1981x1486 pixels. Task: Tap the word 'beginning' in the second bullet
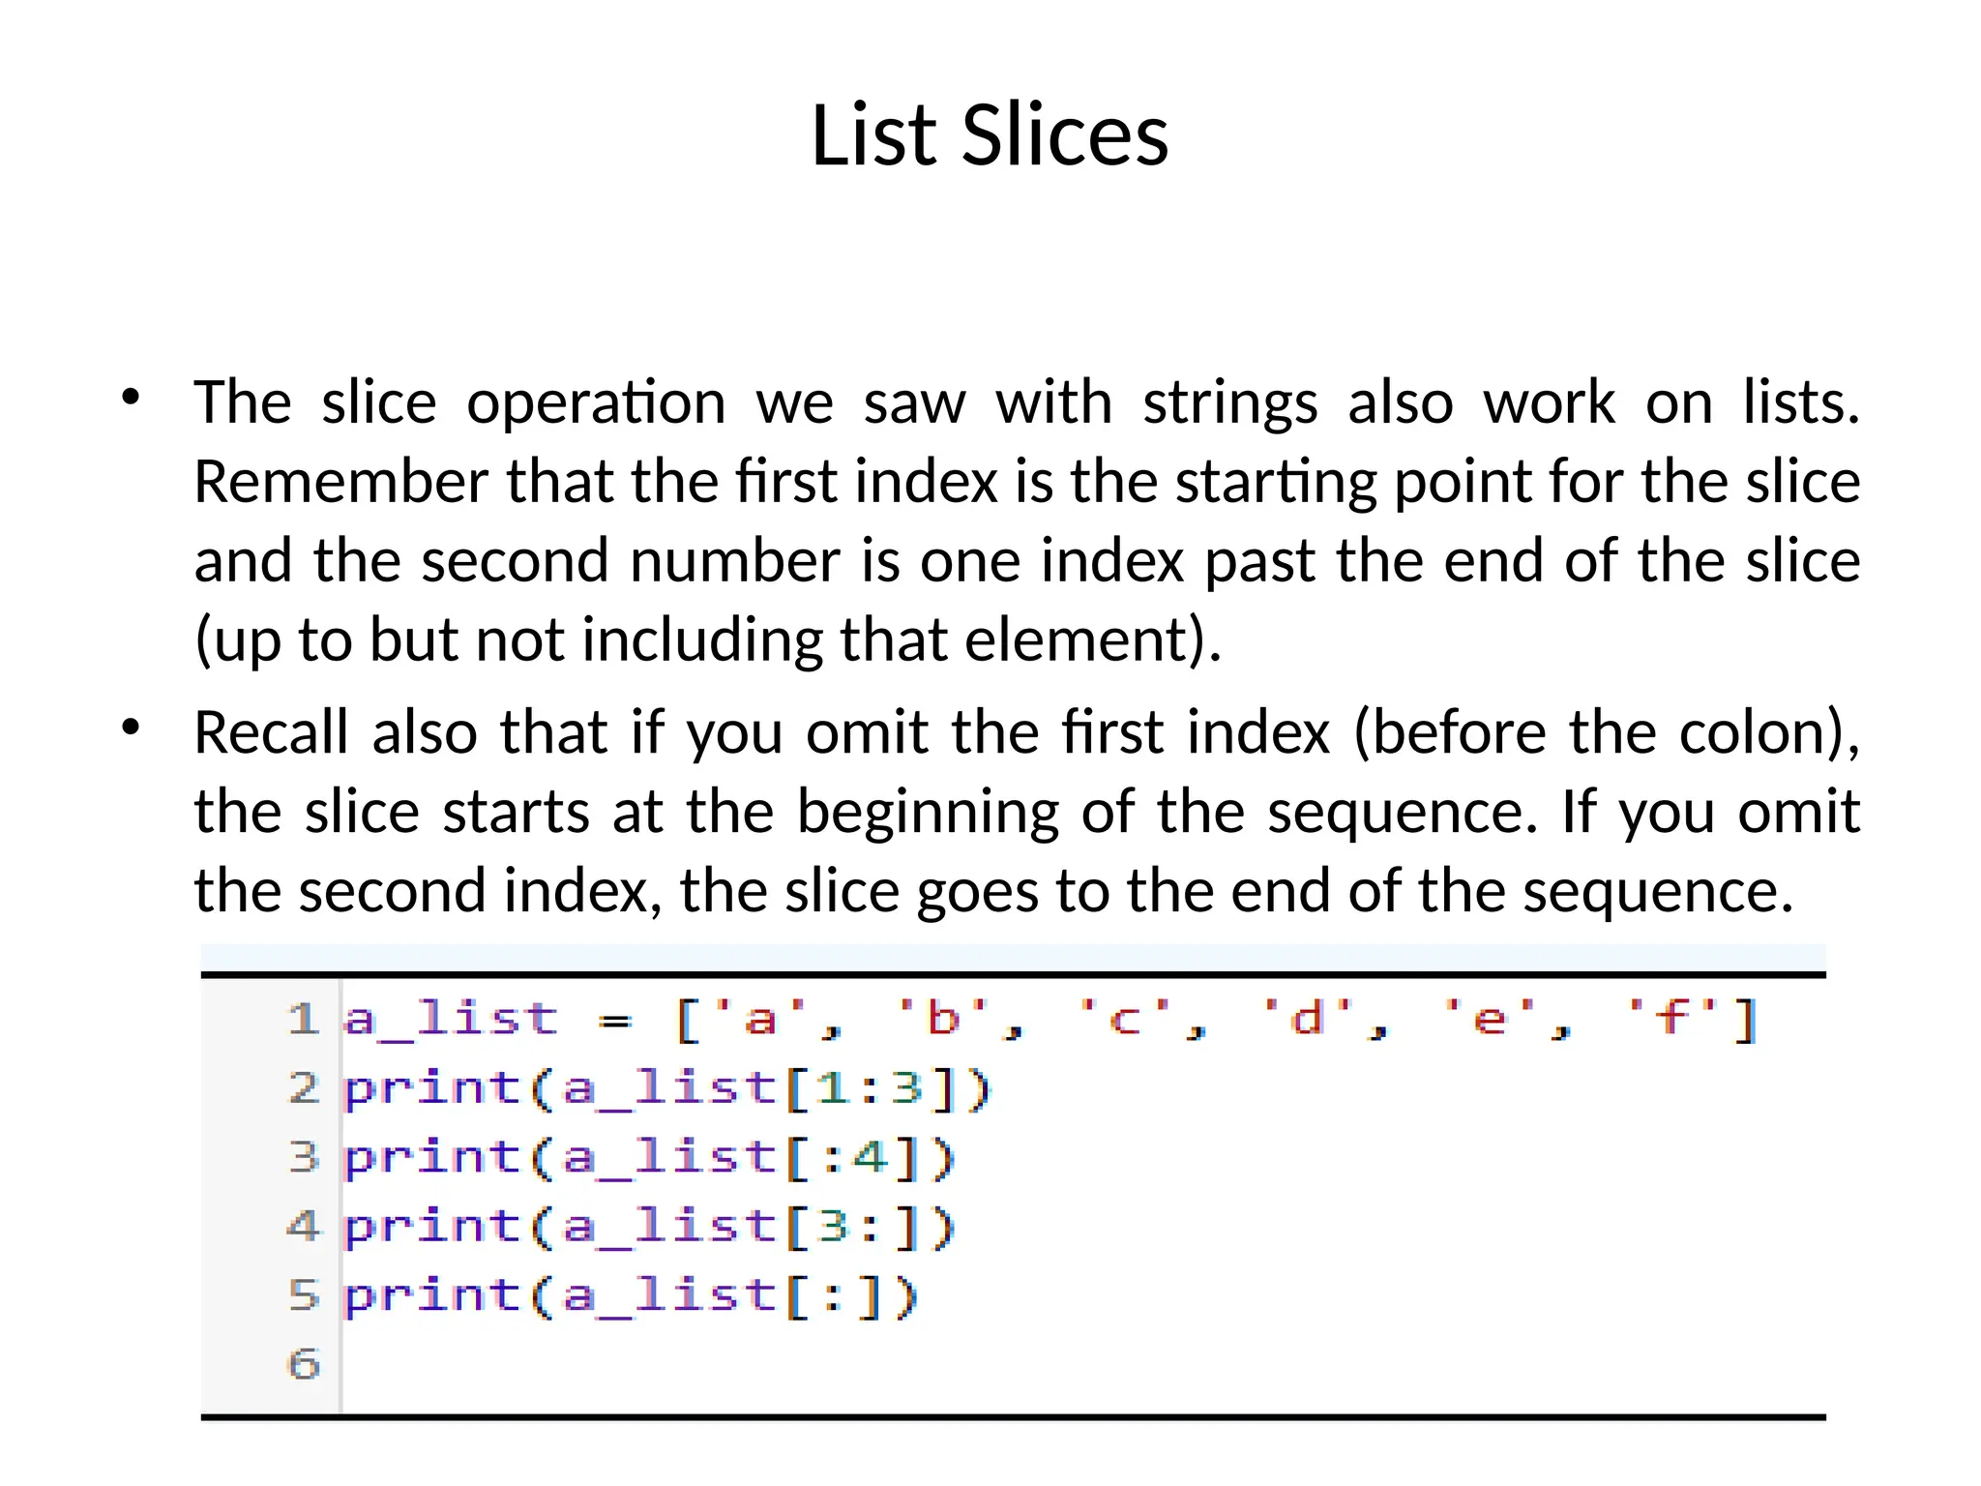928,813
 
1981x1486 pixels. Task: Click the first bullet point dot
132,397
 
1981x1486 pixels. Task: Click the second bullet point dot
132,727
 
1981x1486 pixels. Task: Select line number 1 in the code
303,1019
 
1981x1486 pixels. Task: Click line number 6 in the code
304,1364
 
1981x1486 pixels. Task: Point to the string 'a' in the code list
760,1019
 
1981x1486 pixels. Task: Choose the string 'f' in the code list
1672,1019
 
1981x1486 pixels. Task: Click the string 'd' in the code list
1308,1019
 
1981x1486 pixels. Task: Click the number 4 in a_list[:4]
871,1157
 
